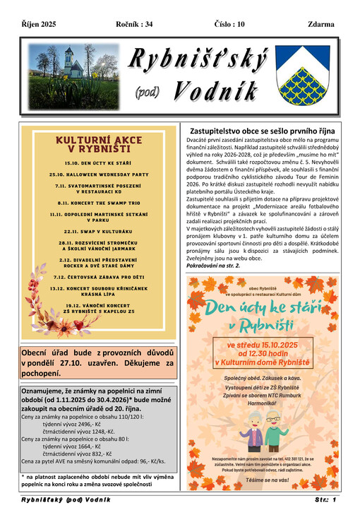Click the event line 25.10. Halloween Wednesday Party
99,173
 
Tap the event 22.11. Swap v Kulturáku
99,230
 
